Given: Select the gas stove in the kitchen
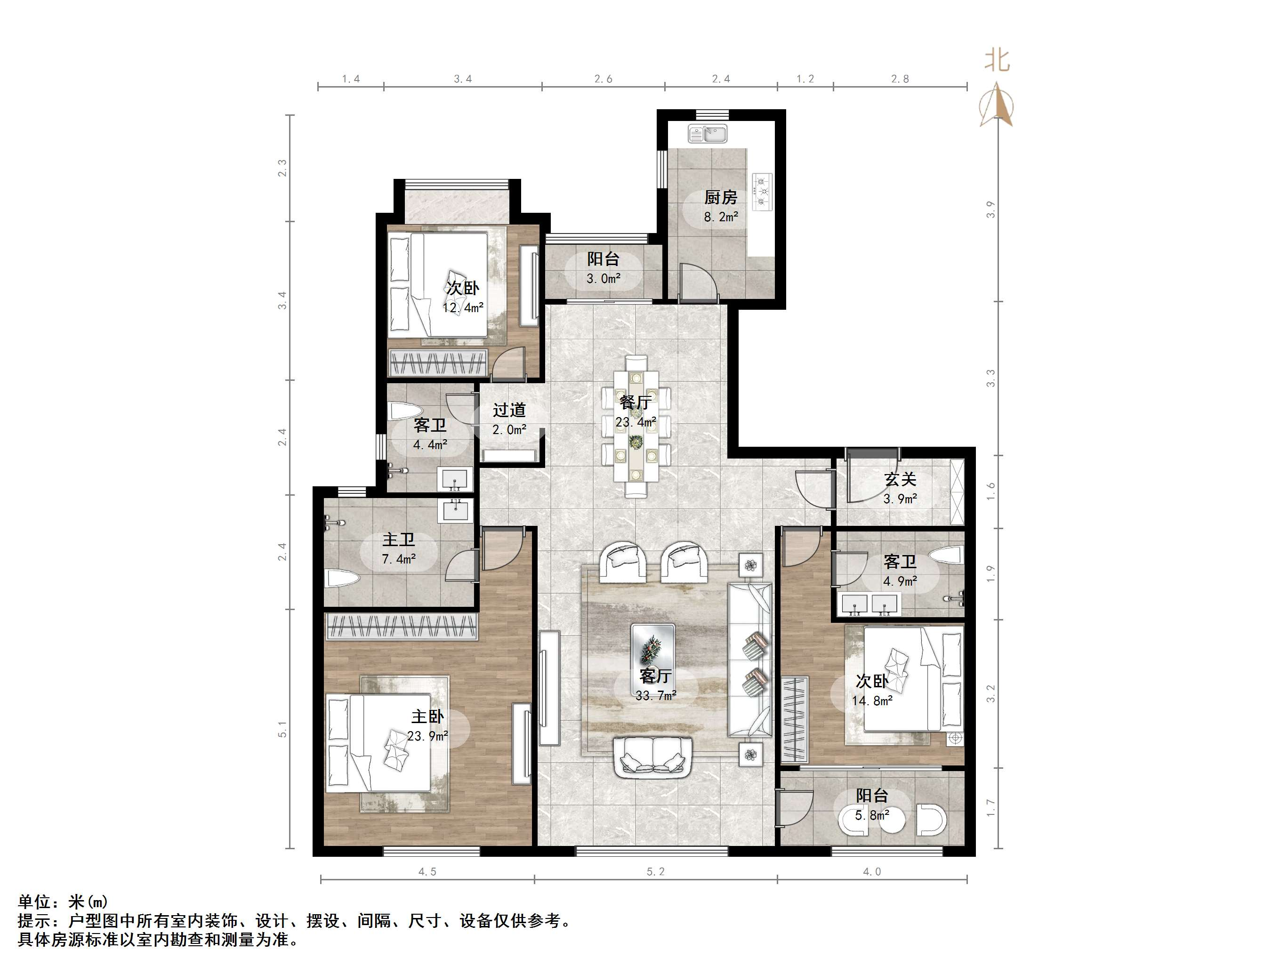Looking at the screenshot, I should coord(762,192).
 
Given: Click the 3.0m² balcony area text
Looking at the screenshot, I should coord(603,279).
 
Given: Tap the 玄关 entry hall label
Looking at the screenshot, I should coord(900,479).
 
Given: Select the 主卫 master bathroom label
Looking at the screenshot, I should coord(398,540).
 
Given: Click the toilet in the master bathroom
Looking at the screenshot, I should coord(342,580).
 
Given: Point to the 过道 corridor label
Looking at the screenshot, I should coord(509,410).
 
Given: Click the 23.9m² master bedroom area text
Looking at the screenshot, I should coord(427,736).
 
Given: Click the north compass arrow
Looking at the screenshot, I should coord(997,105).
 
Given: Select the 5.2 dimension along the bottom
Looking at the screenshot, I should coord(655,872).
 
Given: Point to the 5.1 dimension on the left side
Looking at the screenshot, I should coord(282,729).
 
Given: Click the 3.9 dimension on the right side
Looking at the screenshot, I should coord(990,209).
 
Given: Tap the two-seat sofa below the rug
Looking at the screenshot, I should coord(653,757).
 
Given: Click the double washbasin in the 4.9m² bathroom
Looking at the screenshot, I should coord(869,604).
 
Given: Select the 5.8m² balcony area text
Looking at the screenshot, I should coord(872,816).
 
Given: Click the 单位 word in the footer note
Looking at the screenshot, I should coord(34,902).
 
